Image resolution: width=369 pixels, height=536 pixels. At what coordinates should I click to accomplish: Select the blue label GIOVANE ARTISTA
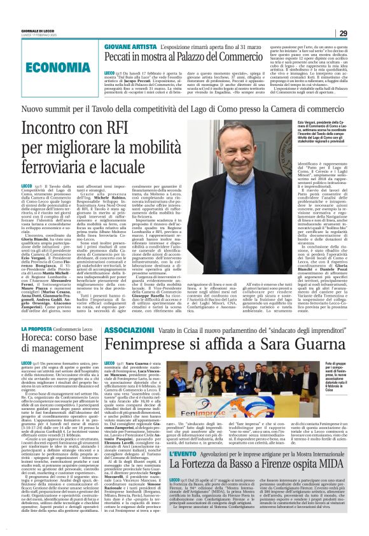coord(127,48)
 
